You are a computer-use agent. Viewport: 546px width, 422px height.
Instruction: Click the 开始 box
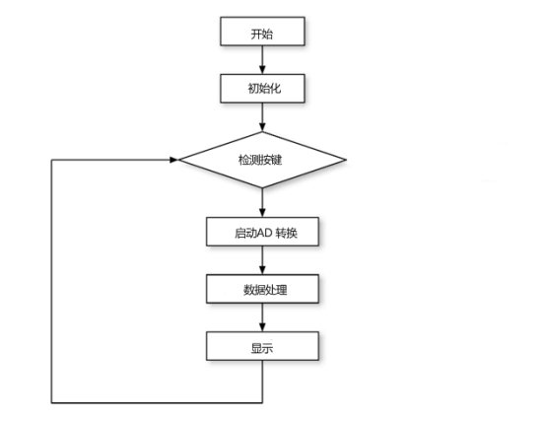coord(262,31)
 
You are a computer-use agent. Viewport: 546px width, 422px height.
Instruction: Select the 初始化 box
coord(262,88)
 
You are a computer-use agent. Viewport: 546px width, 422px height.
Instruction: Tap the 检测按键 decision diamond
coord(262,160)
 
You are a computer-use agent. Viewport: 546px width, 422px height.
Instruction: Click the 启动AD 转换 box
coord(262,232)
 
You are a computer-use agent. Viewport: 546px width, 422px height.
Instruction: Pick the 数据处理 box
coord(262,289)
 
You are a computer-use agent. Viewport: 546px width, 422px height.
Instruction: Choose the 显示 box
coord(262,346)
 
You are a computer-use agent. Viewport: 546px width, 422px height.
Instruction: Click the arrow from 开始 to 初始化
coord(262,59)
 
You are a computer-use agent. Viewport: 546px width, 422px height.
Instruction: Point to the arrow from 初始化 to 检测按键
coord(262,117)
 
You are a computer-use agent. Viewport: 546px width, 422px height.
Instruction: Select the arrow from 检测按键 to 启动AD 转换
coord(262,203)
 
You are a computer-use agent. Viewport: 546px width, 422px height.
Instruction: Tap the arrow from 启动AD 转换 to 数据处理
coord(262,260)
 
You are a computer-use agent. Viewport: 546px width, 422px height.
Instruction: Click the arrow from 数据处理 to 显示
coord(262,317)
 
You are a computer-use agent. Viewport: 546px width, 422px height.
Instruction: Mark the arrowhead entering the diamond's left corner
coord(173,160)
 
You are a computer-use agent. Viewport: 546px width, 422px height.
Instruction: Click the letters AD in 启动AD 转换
coord(264,233)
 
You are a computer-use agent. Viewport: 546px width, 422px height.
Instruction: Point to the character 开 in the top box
coord(256,35)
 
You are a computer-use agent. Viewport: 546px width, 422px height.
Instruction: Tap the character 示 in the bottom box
coord(268,348)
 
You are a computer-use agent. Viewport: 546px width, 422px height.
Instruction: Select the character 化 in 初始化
coord(275,88)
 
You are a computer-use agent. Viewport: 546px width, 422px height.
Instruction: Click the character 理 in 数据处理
coord(281,290)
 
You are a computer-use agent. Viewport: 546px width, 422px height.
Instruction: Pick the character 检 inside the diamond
coord(243,160)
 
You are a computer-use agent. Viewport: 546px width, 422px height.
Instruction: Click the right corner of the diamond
coord(346,160)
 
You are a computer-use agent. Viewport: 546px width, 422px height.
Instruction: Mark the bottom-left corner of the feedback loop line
coord(51,403)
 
